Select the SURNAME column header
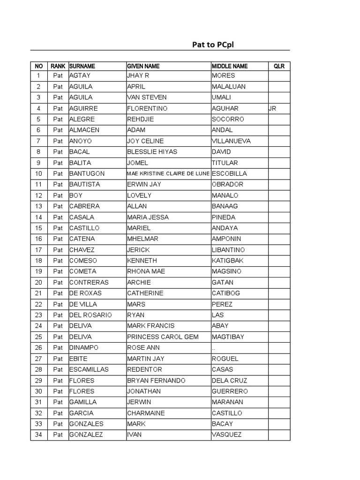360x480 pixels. coord(82,66)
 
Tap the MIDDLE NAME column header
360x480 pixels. coord(230,66)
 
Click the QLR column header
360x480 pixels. coord(279,66)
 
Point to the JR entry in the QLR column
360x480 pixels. coord(272,108)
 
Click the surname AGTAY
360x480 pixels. coord(80,75)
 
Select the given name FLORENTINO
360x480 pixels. coord(147,108)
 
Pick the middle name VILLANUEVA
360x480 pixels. coord(231,141)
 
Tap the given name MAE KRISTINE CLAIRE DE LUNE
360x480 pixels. coord(168,173)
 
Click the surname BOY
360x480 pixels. coord(75,195)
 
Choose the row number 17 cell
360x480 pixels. coord(38,250)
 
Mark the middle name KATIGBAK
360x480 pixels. coord(228,261)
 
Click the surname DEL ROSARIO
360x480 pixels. coord(90,315)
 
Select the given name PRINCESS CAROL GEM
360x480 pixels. coord(163,337)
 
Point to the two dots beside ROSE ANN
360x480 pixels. coord(214,348)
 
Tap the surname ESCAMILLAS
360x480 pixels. coord(89,369)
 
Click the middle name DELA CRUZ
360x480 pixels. coord(229,380)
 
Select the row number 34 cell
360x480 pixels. coord(38,435)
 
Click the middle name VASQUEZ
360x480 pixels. coord(227,435)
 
